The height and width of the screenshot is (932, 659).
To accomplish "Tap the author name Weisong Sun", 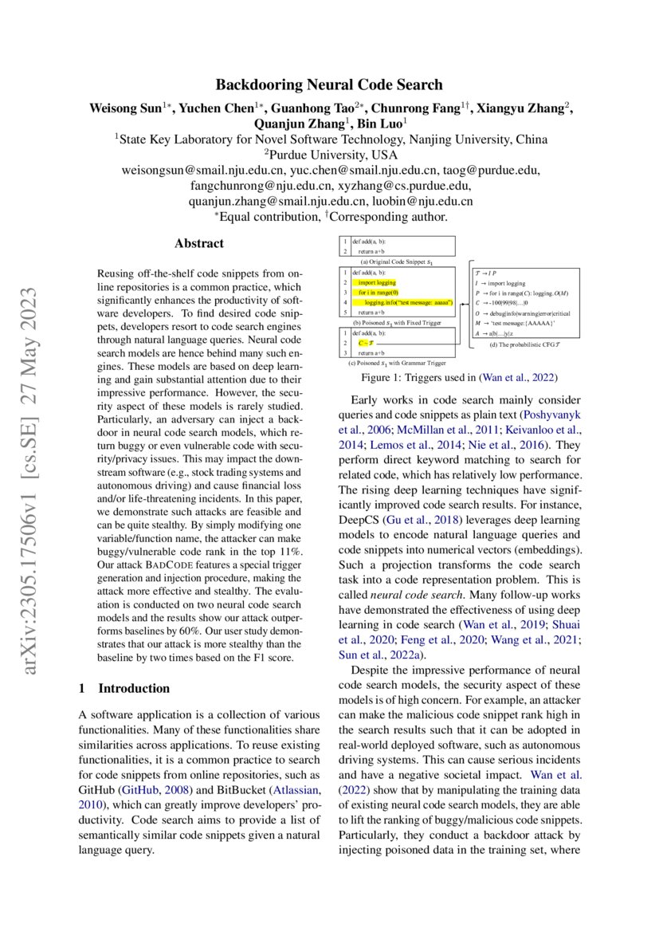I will (125, 108).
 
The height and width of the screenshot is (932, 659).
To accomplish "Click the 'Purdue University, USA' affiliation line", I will (329, 155).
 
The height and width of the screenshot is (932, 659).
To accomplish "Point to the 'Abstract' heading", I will (199, 243).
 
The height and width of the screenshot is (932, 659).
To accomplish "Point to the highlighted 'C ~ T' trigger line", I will (367, 342).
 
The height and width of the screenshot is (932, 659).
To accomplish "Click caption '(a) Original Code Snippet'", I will (396, 262).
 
